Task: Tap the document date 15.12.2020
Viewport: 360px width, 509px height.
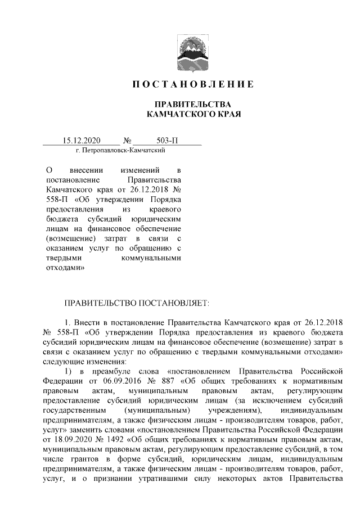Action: (x=81, y=141)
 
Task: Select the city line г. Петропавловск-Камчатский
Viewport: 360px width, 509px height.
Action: (x=120, y=151)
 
